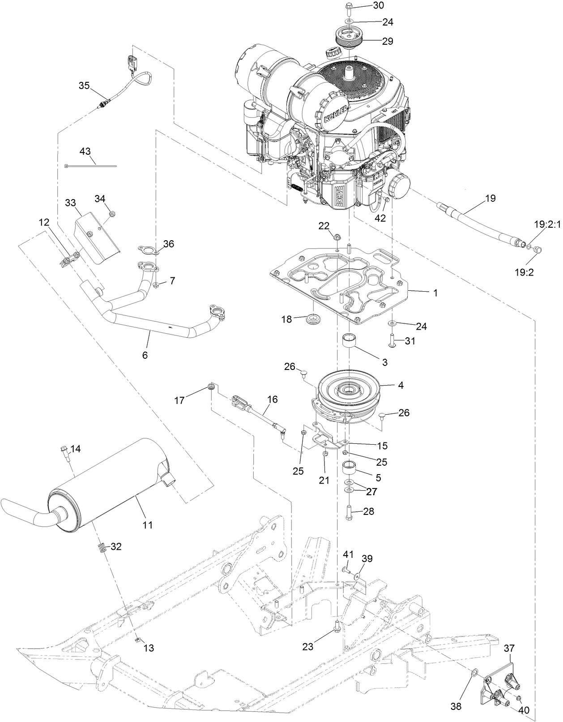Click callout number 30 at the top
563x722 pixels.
click(x=378, y=6)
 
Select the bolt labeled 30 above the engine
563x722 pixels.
click(x=350, y=8)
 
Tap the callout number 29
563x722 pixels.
click(x=388, y=41)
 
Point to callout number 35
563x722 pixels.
click(x=84, y=85)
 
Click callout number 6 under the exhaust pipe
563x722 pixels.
click(x=145, y=355)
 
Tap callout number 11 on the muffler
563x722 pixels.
click(x=148, y=525)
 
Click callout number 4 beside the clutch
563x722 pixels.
click(x=401, y=385)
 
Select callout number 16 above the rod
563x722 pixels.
click(x=273, y=399)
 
